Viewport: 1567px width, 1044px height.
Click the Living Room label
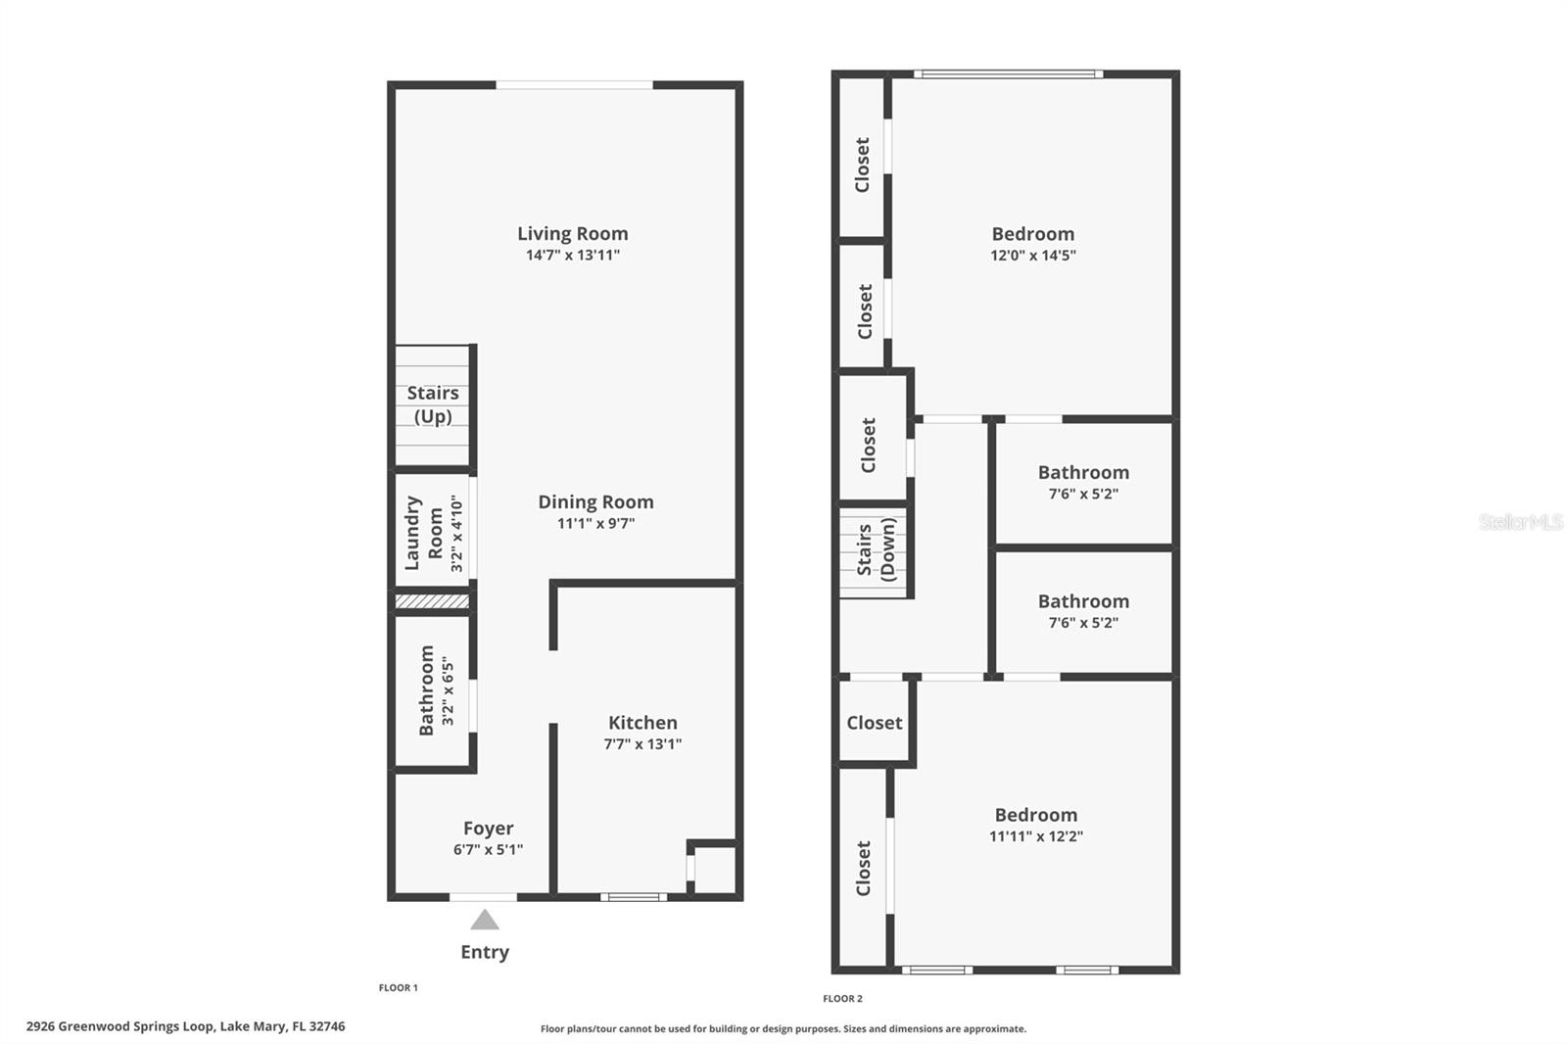click(572, 233)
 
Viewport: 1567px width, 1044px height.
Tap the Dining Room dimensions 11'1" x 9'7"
click(596, 523)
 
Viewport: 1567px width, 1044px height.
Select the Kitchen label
click(642, 722)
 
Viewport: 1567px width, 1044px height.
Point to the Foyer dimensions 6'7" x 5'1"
click(489, 849)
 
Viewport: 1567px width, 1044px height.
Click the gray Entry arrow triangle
click(485, 920)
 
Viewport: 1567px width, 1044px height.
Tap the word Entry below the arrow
click(485, 952)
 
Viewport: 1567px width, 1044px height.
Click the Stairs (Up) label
click(433, 404)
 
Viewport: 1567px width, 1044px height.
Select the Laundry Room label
click(424, 533)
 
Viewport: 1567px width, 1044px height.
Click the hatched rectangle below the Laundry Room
click(432, 601)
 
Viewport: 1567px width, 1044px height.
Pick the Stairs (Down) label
click(876, 549)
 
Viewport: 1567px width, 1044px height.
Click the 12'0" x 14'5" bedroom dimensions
click(1032, 255)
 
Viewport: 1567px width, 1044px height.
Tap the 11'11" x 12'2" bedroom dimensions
click(1035, 835)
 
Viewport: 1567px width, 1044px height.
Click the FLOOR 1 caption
click(398, 987)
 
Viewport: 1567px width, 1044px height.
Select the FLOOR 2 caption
click(842, 999)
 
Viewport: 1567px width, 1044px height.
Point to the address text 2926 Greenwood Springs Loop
click(119, 1026)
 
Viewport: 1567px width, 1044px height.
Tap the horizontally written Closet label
click(875, 722)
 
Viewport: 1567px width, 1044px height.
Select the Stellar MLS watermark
click(1521, 521)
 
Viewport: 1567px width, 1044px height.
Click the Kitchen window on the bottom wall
click(634, 897)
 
